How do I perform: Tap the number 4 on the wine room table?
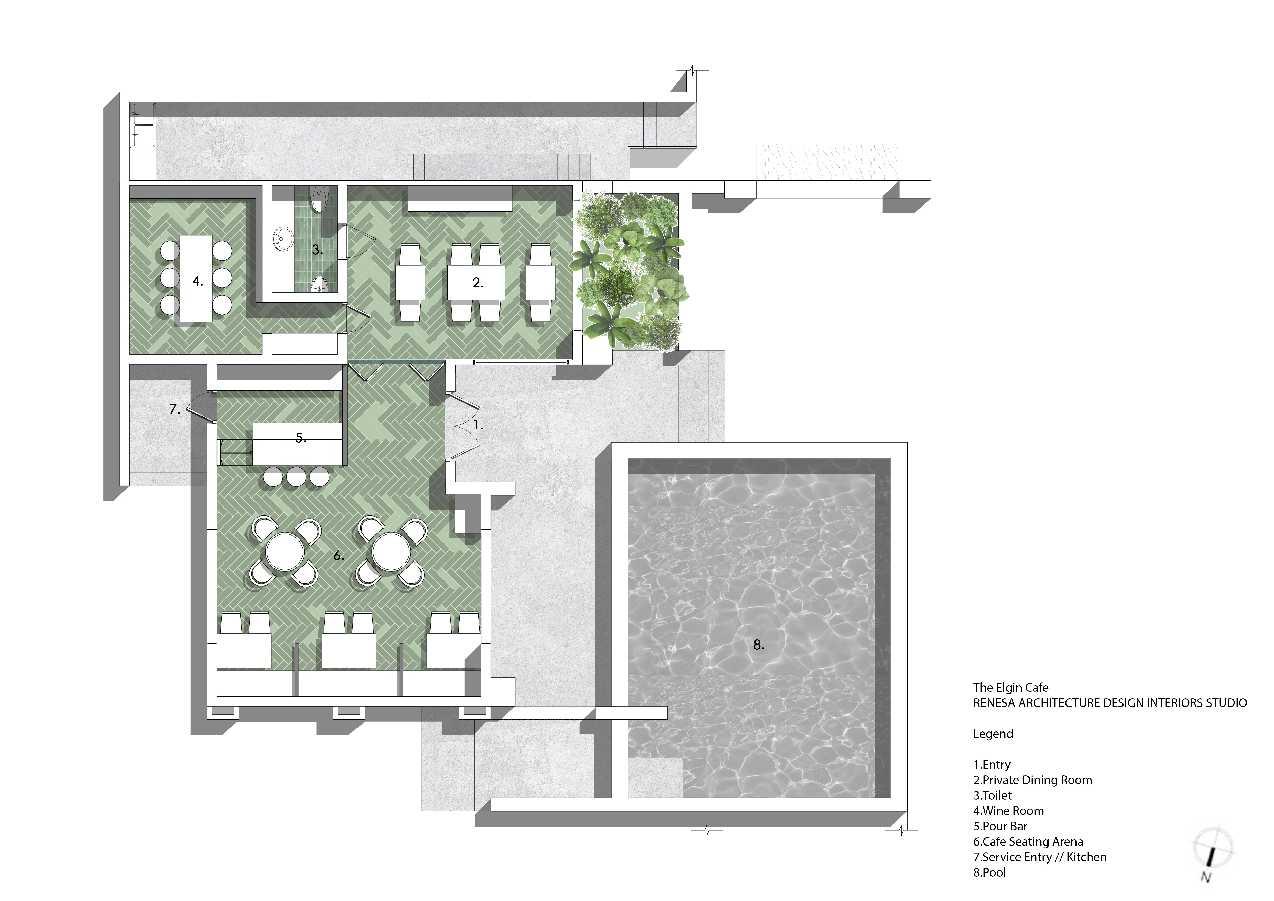coord(197,281)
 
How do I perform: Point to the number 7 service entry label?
coord(175,409)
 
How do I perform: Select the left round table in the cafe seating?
coord(285,552)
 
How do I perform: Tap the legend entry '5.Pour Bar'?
coord(1001,826)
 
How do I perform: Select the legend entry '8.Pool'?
coord(989,872)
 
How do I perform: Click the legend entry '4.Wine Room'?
coord(1008,811)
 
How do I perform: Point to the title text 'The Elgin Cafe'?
coord(1011,687)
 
